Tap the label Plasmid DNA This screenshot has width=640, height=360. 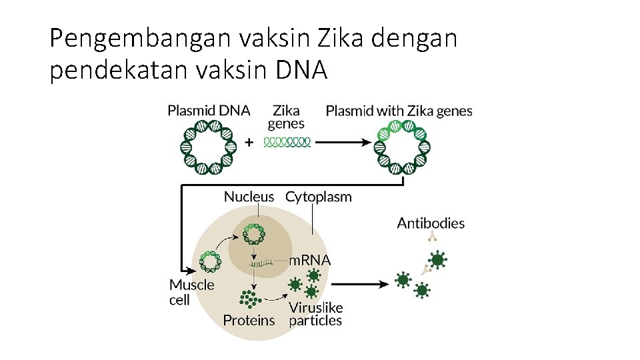[209, 111]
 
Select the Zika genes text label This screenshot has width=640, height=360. [286, 117]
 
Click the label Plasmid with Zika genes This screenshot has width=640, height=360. [399, 111]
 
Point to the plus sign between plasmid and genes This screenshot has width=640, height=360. [249, 142]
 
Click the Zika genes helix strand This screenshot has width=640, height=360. [287, 141]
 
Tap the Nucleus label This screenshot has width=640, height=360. [249, 196]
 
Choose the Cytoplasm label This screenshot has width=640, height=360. [318, 196]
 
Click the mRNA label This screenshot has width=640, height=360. [309, 260]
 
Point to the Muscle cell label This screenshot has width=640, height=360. [191, 292]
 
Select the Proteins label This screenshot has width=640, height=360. [249, 320]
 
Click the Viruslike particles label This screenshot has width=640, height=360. [315, 314]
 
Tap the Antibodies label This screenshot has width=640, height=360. [431, 223]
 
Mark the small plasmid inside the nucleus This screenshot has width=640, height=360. [254, 235]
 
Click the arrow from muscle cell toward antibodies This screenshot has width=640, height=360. [360, 284]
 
